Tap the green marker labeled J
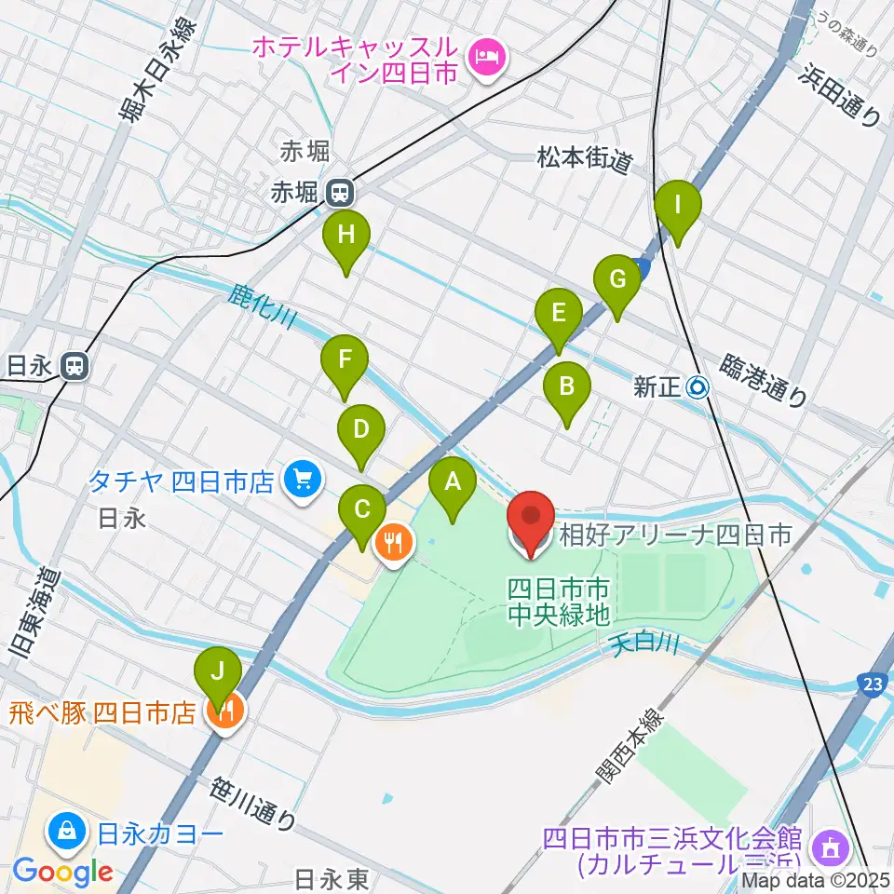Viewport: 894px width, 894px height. click(218, 671)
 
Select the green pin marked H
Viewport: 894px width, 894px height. click(346, 237)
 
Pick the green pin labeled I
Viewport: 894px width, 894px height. click(678, 205)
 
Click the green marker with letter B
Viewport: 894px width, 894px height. click(567, 386)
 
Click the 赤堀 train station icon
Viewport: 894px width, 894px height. click(340, 193)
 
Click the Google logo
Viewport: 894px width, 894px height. click(63, 872)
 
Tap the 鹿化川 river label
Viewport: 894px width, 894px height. click(263, 308)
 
